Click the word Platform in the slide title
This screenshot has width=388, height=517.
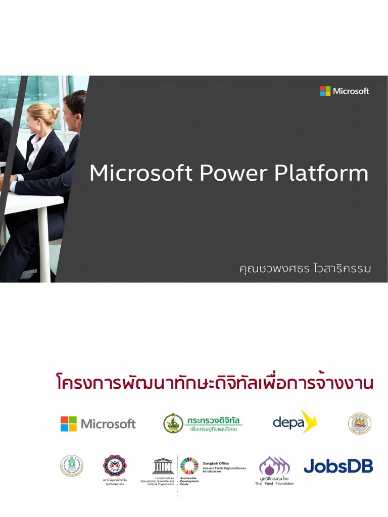pyautogui.click(x=321, y=174)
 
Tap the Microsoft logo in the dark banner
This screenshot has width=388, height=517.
pyautogui.click(x=344, y=91)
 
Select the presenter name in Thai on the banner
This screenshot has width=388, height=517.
pyautogui.click(x=305, y=268)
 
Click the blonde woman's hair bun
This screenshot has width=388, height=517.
pyautogui.click(x=54, y=112)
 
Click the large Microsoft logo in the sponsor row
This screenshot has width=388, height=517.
pyautogui.click(x=98, y=424)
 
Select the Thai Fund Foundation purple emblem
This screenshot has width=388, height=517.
pyautogui.click(x=274, y=467)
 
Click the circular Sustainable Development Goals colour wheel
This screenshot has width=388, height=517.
pyautogui.click(x=189, y=466)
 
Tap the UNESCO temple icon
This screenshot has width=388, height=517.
pyautogui.click(x=163, y=466)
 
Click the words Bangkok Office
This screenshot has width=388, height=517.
pyautogui.click(x=216, y=463)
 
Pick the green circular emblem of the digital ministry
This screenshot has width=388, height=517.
pyautogui.click(x=173, y=423)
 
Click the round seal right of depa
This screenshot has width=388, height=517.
pyautogui.click(x=359, y=424)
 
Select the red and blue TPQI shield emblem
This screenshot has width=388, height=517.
pyautogui.click(x=114, y=466)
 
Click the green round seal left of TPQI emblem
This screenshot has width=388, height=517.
pyautogui.click(x=72, y=466)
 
